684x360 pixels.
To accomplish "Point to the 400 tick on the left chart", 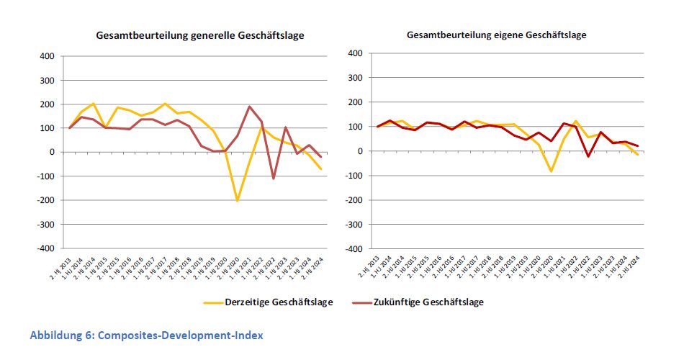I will pyautogui.click(x=48, y=56).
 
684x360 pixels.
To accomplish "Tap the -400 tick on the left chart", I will pyautogui.click(x=45, y=248).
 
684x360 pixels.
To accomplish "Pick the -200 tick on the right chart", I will pyautogui.click(x=353, y=200).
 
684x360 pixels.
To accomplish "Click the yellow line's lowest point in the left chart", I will pyautogui.click(x=238, y=200).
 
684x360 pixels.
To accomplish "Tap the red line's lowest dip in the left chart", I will pyautogui.click(x=274, y=178).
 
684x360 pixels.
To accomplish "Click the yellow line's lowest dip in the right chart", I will pyautogui.click(x=551, y=171).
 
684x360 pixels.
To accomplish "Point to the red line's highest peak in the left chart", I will pyautogui.click(x=250, y=107).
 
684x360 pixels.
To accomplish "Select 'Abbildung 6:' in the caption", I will pyautogui.click(x=61, y=336).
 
